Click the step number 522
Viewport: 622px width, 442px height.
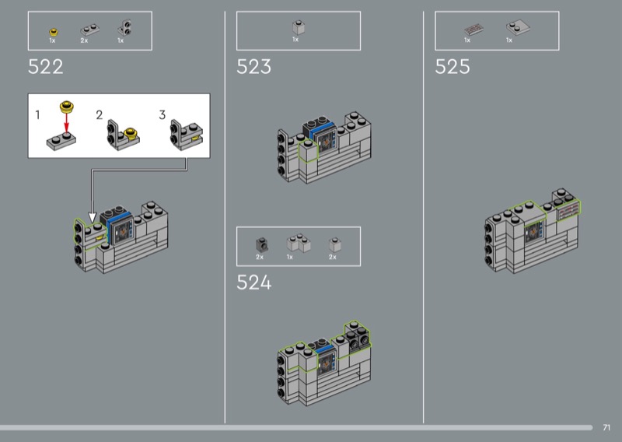tap(46, 67)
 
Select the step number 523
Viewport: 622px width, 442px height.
tap(254, 67)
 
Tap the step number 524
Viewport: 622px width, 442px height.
tap(254, 282)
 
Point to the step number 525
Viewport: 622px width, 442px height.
tap(453, 67)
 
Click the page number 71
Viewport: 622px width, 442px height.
tap(606, 427)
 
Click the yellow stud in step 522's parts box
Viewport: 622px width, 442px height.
tap(54, 32)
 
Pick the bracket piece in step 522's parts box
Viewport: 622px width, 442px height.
tap(125, 27)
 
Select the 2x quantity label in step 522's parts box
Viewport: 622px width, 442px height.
tap(84, 40)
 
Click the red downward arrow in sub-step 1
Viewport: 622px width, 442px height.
tap(66, 121)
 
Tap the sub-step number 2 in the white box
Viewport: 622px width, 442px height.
tap(100, 115)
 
